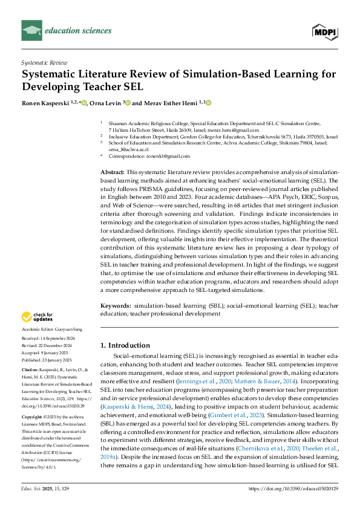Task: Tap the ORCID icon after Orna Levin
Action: (128, 103)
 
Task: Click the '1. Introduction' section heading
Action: (125, 345)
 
